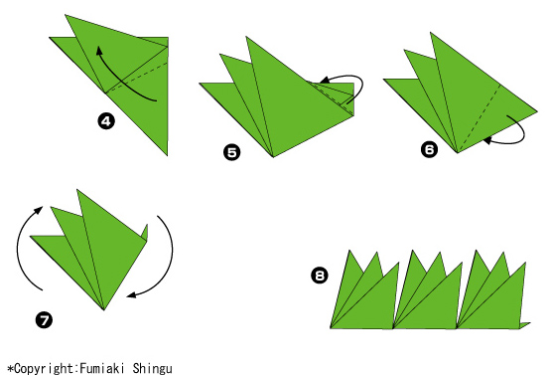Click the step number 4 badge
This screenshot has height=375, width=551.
pos(106,121)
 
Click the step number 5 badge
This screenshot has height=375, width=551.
pos(232,152)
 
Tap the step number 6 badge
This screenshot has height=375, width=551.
pos(430,149)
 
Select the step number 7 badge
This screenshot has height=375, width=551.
pos(45,320)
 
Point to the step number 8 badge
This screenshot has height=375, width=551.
pos(320,275)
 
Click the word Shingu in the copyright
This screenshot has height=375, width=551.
pos(153,369)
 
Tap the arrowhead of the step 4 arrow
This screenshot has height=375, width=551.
pos(99,51)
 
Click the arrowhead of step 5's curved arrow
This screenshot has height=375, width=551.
pos(325,80)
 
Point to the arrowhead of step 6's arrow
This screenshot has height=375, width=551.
pos(487,141)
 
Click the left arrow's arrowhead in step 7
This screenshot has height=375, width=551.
pos(39,210)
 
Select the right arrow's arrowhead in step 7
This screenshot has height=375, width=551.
pos(131,294)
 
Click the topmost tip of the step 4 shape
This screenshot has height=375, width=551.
pos(66,15)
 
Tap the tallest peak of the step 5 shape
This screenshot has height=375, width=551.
pos(246,37)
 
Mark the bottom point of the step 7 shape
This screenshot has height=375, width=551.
pos(103,310)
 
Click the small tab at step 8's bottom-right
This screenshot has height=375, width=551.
pos(525,325)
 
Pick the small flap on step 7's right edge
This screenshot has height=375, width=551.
pos(144,233)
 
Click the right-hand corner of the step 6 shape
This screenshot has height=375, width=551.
pos(537,111)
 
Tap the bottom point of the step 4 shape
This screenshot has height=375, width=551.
pos(167,155)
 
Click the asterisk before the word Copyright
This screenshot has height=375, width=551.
pos(11,369)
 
